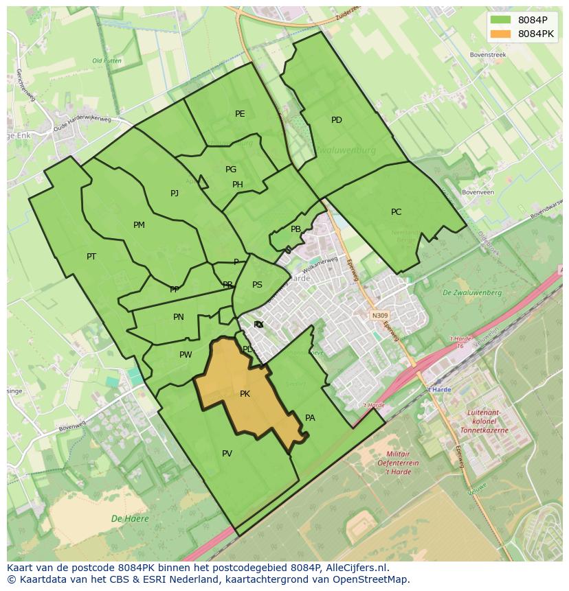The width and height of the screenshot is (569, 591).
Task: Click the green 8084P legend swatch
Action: tap(502, 20)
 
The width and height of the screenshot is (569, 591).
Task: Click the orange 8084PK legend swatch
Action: tap(502, 34)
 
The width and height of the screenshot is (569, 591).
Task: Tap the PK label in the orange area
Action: tap(245, 394)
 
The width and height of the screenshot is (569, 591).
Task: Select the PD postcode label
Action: tap(337, 120)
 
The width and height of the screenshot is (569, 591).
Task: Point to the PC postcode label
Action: tap(396, 212)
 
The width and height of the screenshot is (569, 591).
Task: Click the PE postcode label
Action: tap(240, 114)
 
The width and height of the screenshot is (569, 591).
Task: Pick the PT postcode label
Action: tap(91, 257)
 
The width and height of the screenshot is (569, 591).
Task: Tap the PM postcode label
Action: tap(139, 225)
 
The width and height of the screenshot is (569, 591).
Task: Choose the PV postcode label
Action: tap(227, 454)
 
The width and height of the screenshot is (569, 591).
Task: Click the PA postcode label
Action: tap(310, 418)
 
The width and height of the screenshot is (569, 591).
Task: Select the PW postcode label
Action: tap(186, 355)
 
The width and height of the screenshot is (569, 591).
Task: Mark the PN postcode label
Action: tap(179, 317)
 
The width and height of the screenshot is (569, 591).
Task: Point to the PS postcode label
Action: tap(257, 285)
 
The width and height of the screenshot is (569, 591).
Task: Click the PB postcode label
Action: tap(295, 229)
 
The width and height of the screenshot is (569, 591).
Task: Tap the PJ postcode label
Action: tap(175, 194)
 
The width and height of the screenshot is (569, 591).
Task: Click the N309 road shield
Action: tap(380, 316)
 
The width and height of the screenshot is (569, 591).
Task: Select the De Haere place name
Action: tap(130, 519)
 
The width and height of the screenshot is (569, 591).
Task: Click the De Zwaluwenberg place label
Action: tap(472, 293)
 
